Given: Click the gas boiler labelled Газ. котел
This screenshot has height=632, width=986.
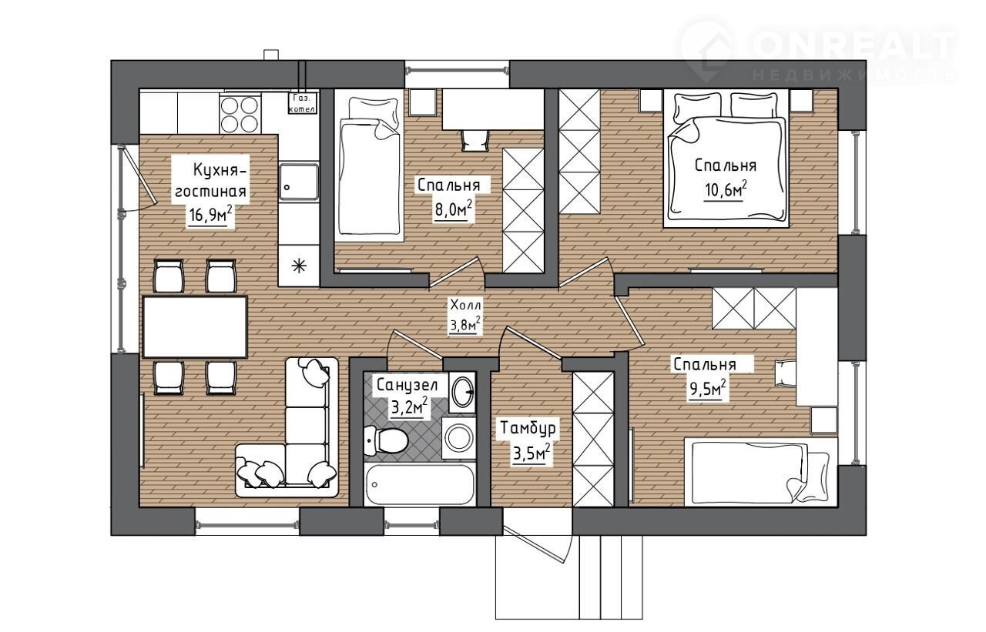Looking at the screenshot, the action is coord(301,102).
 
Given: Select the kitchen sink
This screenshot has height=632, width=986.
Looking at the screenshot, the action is coord(299,182).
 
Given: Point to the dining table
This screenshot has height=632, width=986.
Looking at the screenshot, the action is coord(195,326).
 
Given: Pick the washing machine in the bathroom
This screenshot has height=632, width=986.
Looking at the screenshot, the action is coord(458,438).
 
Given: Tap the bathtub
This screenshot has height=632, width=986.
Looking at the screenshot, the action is coord(420,484).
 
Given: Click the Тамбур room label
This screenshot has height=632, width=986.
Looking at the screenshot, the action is coord(528,428).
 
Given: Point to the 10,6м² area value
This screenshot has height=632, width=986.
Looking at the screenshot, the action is coord(726,190).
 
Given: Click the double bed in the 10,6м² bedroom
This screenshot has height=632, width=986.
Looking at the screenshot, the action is coord(725,159).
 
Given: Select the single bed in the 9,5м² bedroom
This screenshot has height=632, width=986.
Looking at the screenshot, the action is coord(760,472).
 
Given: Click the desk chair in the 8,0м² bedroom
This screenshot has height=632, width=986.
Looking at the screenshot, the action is coord(475,140).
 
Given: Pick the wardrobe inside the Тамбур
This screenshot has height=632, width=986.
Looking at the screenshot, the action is coord(593,439).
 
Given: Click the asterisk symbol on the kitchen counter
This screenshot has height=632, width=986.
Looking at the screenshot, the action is coord(300,266).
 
